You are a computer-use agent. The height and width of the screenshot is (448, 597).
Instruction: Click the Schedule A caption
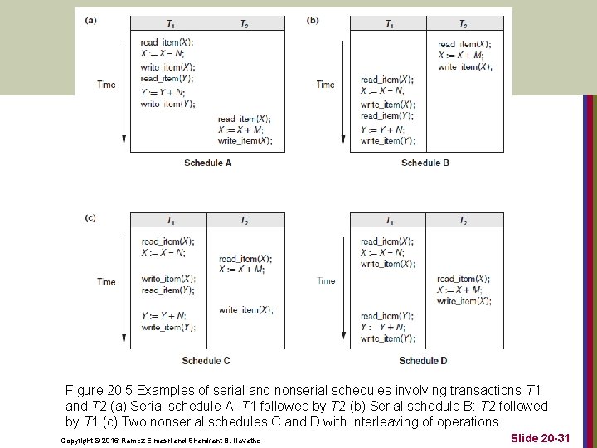point(207,163)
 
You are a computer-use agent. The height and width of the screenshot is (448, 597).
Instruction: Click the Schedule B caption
point(425,163)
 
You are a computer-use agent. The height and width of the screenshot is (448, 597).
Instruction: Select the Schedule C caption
point(206,361)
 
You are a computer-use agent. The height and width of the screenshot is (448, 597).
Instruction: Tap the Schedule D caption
point(423,361)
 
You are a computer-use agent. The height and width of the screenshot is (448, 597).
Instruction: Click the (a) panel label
point(90,21)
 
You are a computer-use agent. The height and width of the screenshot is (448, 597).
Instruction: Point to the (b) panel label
point(313,21)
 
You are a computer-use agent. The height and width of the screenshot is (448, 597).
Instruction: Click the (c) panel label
point(90,218)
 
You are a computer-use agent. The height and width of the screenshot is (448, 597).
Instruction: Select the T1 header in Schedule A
point(169,24)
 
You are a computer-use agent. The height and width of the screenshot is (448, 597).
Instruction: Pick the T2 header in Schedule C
point(244,221)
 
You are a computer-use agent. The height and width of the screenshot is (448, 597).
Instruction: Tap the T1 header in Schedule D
point(389,221)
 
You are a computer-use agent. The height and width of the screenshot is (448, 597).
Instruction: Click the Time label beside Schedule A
point(106,85)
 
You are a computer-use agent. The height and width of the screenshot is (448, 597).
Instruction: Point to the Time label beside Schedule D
point(326,281)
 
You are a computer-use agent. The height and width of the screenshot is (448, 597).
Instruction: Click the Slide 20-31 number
point(540,437)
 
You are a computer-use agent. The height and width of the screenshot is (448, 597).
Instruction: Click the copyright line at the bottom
point(161,440)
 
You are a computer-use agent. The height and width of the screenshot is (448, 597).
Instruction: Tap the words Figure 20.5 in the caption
point(99,389)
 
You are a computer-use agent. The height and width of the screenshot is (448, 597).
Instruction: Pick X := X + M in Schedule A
point(240,130)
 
